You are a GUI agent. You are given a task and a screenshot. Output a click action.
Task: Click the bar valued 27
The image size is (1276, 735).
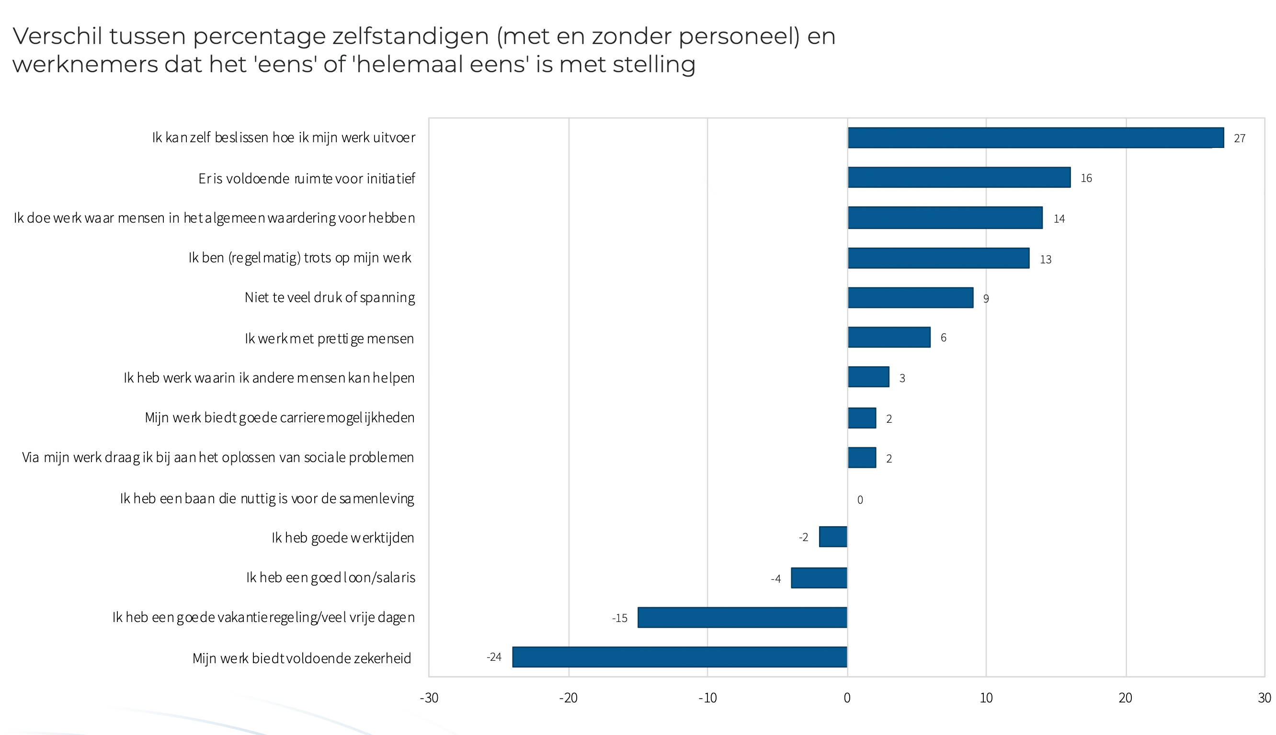pos(1035,138)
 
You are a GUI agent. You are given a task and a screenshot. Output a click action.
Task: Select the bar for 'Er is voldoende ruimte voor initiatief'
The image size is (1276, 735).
pos(958,178)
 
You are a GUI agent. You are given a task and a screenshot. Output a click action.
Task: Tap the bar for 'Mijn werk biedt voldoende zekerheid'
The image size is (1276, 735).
pos(680,657)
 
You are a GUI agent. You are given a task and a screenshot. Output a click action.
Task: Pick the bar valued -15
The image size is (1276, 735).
pos(742,617)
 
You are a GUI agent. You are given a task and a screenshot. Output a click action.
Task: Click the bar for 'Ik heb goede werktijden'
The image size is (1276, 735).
pos(832,537)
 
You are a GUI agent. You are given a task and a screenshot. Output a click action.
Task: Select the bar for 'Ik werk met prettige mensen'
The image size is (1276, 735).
pos(889,337)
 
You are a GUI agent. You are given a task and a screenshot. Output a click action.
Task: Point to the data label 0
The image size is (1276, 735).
pos(860,500)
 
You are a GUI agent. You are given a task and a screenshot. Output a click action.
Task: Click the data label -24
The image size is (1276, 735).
pos(493,657)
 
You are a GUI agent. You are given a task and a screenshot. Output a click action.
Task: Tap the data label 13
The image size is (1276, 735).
pos(1045,260)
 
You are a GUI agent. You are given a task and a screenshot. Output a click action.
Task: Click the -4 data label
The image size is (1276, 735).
pos(775,578)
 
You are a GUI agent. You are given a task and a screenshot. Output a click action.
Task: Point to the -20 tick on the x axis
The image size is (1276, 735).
pos(568,698)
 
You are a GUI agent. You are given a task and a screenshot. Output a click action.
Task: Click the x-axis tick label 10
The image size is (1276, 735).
pos(986,698)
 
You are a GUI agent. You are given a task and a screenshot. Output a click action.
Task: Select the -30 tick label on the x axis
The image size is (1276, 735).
pos(429,698)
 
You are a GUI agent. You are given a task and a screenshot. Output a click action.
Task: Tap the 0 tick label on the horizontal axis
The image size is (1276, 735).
pos(847,698)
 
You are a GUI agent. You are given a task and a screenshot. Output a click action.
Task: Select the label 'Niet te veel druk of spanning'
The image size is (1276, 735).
pos(329,297)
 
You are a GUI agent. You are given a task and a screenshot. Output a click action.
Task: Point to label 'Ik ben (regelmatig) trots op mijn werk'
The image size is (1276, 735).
pos(300,258)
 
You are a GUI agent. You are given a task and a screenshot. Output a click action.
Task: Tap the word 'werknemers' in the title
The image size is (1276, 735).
pos(85,65)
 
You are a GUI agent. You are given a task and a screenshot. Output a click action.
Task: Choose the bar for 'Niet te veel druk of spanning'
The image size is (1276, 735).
pos(910,297)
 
